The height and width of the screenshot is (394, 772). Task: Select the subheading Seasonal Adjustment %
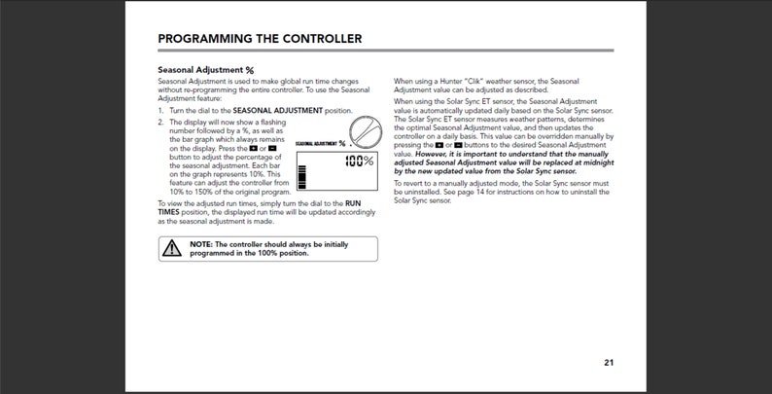tap(205, 70)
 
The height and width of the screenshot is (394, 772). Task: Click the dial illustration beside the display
tap(364, 131)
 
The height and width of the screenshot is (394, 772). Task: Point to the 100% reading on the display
tap(359, 161)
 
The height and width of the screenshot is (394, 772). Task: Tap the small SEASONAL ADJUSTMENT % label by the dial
tap(320, 143)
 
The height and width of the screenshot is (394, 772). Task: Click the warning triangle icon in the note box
tap(172, 248)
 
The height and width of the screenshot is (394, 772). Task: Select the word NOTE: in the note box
tap(201, 244)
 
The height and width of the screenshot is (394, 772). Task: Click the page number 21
tap(608, 363)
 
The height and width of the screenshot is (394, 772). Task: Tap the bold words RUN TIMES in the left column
tap(169, 210)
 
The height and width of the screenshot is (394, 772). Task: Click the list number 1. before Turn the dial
tap(160, 111)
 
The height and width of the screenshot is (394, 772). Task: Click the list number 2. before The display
tap(160, 123)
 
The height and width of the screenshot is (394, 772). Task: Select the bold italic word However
tap(434, 154)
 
